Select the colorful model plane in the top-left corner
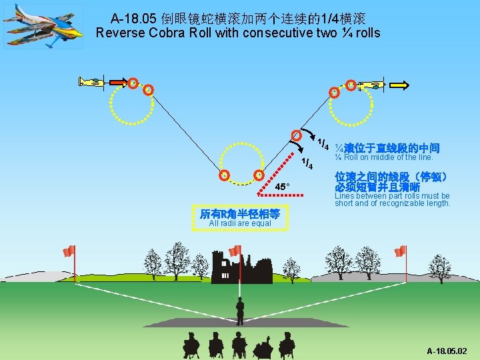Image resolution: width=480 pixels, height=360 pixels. pyautogui.click(x=44, y=26)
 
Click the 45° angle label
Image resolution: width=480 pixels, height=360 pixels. pyautogui.click(x=282, y=187)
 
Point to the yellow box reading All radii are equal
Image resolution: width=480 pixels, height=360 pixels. pyautogui.click(x=240, y=218)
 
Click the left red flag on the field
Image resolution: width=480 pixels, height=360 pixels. pyautogui.click(x=68, y=251)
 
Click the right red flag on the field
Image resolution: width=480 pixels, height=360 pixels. pyautogui.click(x=400, y=251)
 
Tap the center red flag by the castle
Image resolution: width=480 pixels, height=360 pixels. pyautogui.click(x=235, y=251)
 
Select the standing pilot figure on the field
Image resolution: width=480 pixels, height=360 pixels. pyautogui.click(x=239, y=310)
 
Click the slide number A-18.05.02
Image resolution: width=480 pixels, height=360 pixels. pyautogui.click(x=447, y=351)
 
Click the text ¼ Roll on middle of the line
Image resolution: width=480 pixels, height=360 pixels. pyautogui.click(x=384, y=158)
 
